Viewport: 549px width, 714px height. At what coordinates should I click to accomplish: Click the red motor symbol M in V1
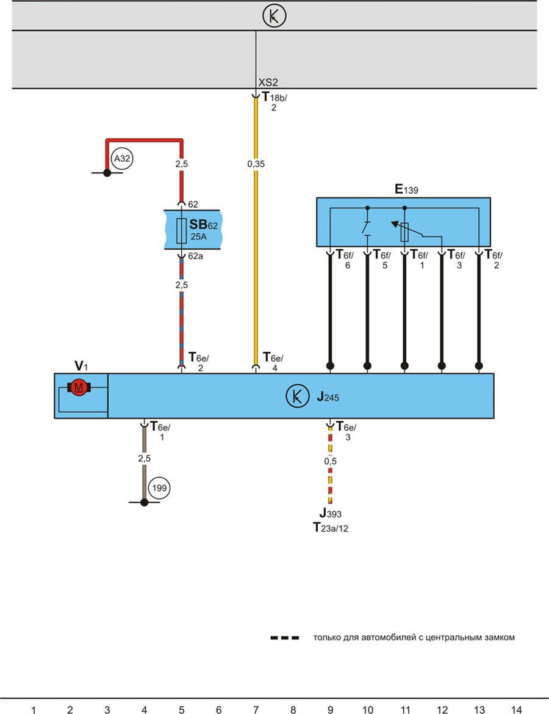pyautogui.click(x=78, y=387)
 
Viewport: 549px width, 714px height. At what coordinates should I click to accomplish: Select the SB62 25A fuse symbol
pyautogui.click(x=181, y=230)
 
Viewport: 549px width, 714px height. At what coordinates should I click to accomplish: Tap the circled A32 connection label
pyautogui.click(x=123, y=159)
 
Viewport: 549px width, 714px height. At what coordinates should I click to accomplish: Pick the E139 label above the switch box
pyautogui.click(x=406, y=190)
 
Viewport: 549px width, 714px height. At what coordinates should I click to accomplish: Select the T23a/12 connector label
pyautogui.click(x=330, y=527)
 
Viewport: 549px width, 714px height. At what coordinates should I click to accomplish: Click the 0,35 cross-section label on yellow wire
pyautogui.click(x=256, y=164)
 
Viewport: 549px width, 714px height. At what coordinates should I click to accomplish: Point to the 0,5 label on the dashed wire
pyautogui.click(x=330, y=461)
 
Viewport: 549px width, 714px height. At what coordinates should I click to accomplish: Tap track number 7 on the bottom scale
pyautogui.click(x=256, y=709)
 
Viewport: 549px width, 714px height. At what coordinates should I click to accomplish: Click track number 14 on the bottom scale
pyautogui.click(x=516, y=709)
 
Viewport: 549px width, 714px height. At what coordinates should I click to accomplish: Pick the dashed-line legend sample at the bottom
pyautogui.click(x=285, y=638)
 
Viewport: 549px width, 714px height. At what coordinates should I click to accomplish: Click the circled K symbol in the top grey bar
pyautogui.click(x=274, y=16)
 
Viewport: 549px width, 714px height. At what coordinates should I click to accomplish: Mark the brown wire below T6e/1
pyautogui.click(x=145, y=464)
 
